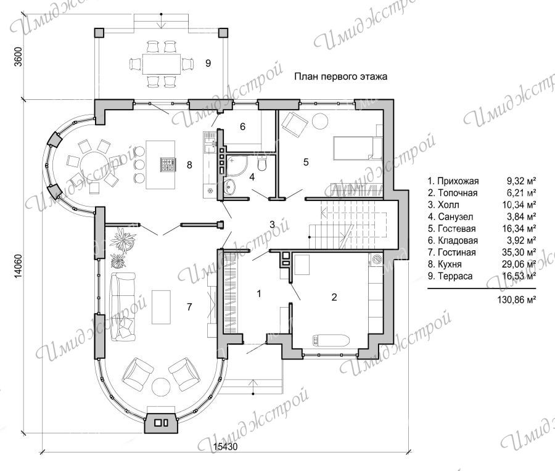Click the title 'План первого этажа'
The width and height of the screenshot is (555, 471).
click(340, 76)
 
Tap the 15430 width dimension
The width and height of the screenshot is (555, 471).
click(226, 447)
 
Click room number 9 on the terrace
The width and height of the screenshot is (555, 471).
click(208, 63)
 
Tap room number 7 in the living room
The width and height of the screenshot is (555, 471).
click(189, 307)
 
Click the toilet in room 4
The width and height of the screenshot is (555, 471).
click(262, 163)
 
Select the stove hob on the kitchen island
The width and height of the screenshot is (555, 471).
click(167, 165)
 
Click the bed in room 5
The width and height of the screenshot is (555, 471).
click(357, 148)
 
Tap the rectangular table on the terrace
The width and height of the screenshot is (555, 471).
click(162, 63)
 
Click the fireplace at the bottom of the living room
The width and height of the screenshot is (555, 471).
click(161, 422)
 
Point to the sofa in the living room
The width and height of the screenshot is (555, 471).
click(123, 307)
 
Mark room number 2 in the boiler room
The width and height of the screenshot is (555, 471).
click(334, 297)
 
